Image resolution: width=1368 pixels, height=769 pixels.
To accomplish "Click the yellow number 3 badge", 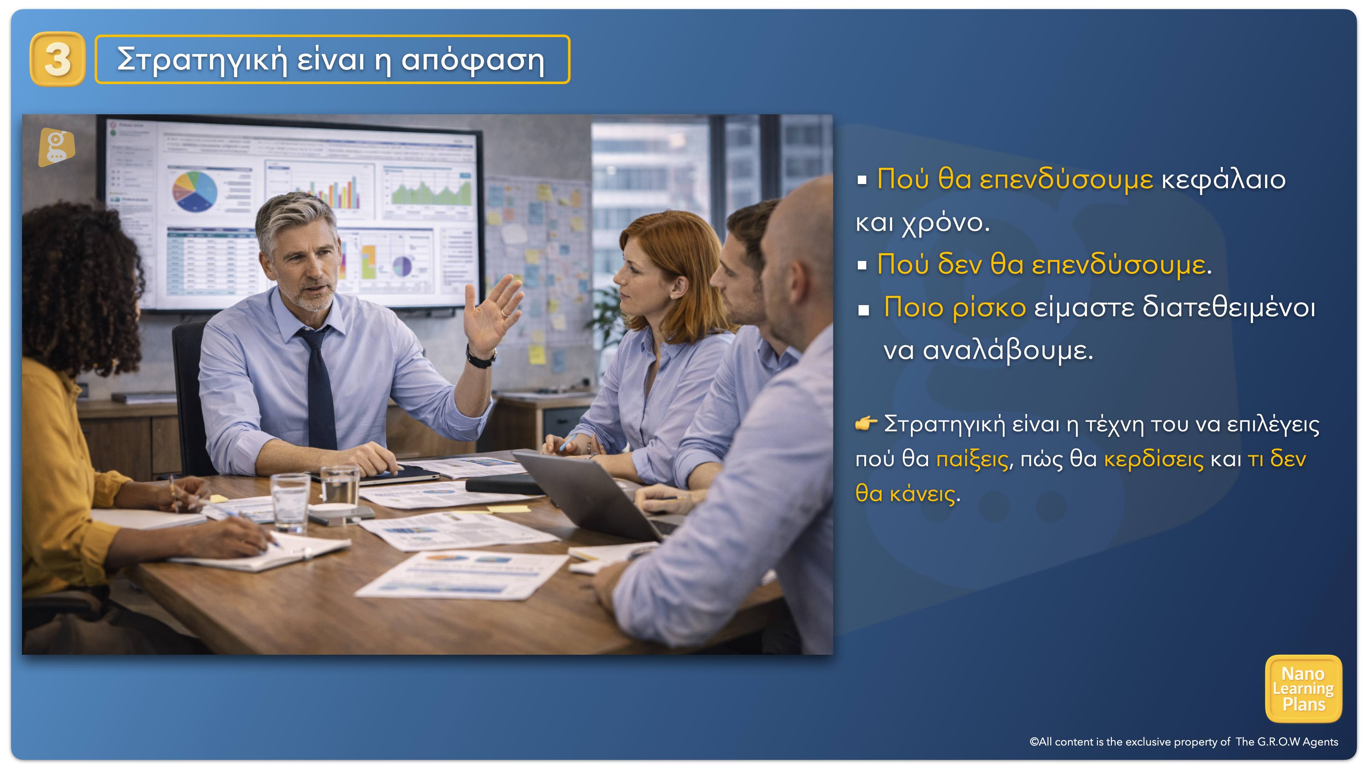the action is tap(57, 59).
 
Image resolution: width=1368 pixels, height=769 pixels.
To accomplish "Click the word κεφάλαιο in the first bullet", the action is tap(1223, 179).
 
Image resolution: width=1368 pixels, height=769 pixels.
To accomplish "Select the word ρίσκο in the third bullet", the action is tap(989, 308).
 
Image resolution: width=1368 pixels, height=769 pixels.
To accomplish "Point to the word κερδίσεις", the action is tap(1154, 459).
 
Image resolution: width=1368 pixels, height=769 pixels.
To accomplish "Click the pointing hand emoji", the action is tap(866, 424).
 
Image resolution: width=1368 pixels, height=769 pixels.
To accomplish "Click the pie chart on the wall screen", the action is tap(195, 190).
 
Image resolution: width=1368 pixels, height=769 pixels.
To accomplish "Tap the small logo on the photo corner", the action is tap(56, 147).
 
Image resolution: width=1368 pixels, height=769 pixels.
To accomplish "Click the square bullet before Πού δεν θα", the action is tap(862, 265).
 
